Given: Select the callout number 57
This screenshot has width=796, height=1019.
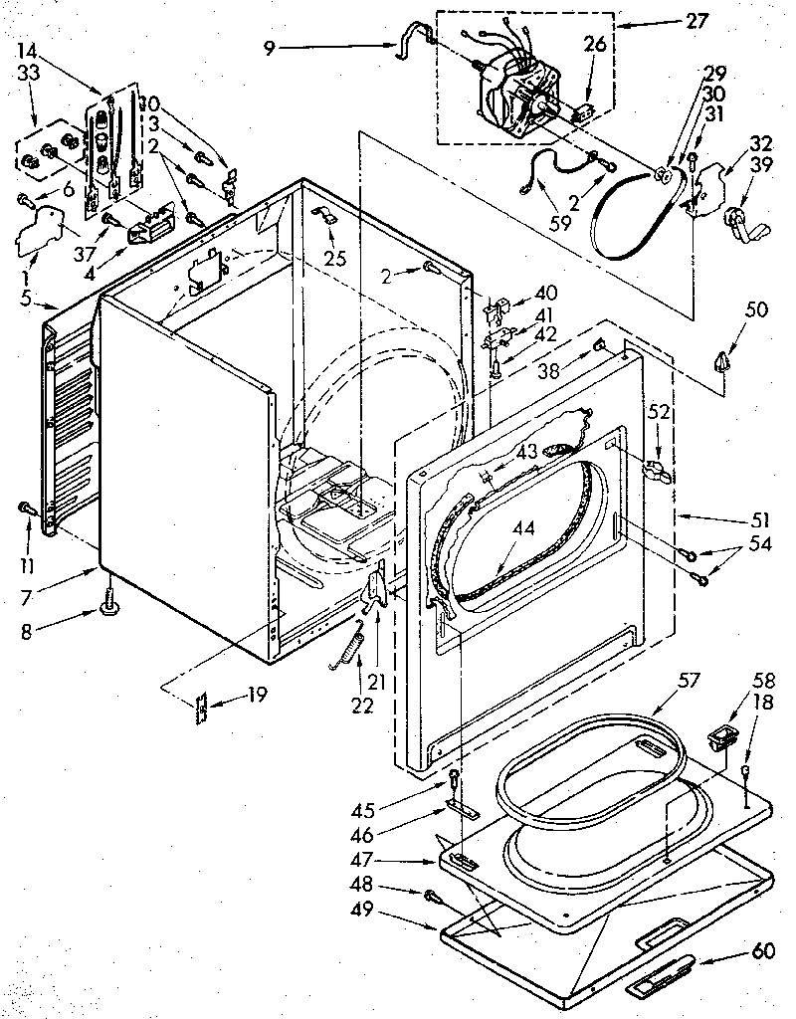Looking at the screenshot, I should click(x=689, y=680).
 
